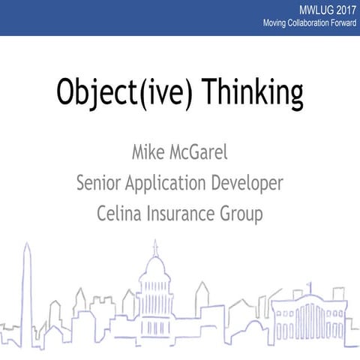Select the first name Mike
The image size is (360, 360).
pyautogui.click(x=149, y=155)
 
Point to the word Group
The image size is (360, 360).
pyautogui.click(x=242, y=214)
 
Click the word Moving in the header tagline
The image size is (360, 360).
pyautogui.click(x=275, y=25)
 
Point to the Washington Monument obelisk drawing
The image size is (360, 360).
pyautogui.click(x=27, y=292)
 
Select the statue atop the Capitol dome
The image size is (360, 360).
pyautogui.click(x=155, y=246)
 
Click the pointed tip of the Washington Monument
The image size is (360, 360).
pyautogui.click(x=26, y=244)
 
